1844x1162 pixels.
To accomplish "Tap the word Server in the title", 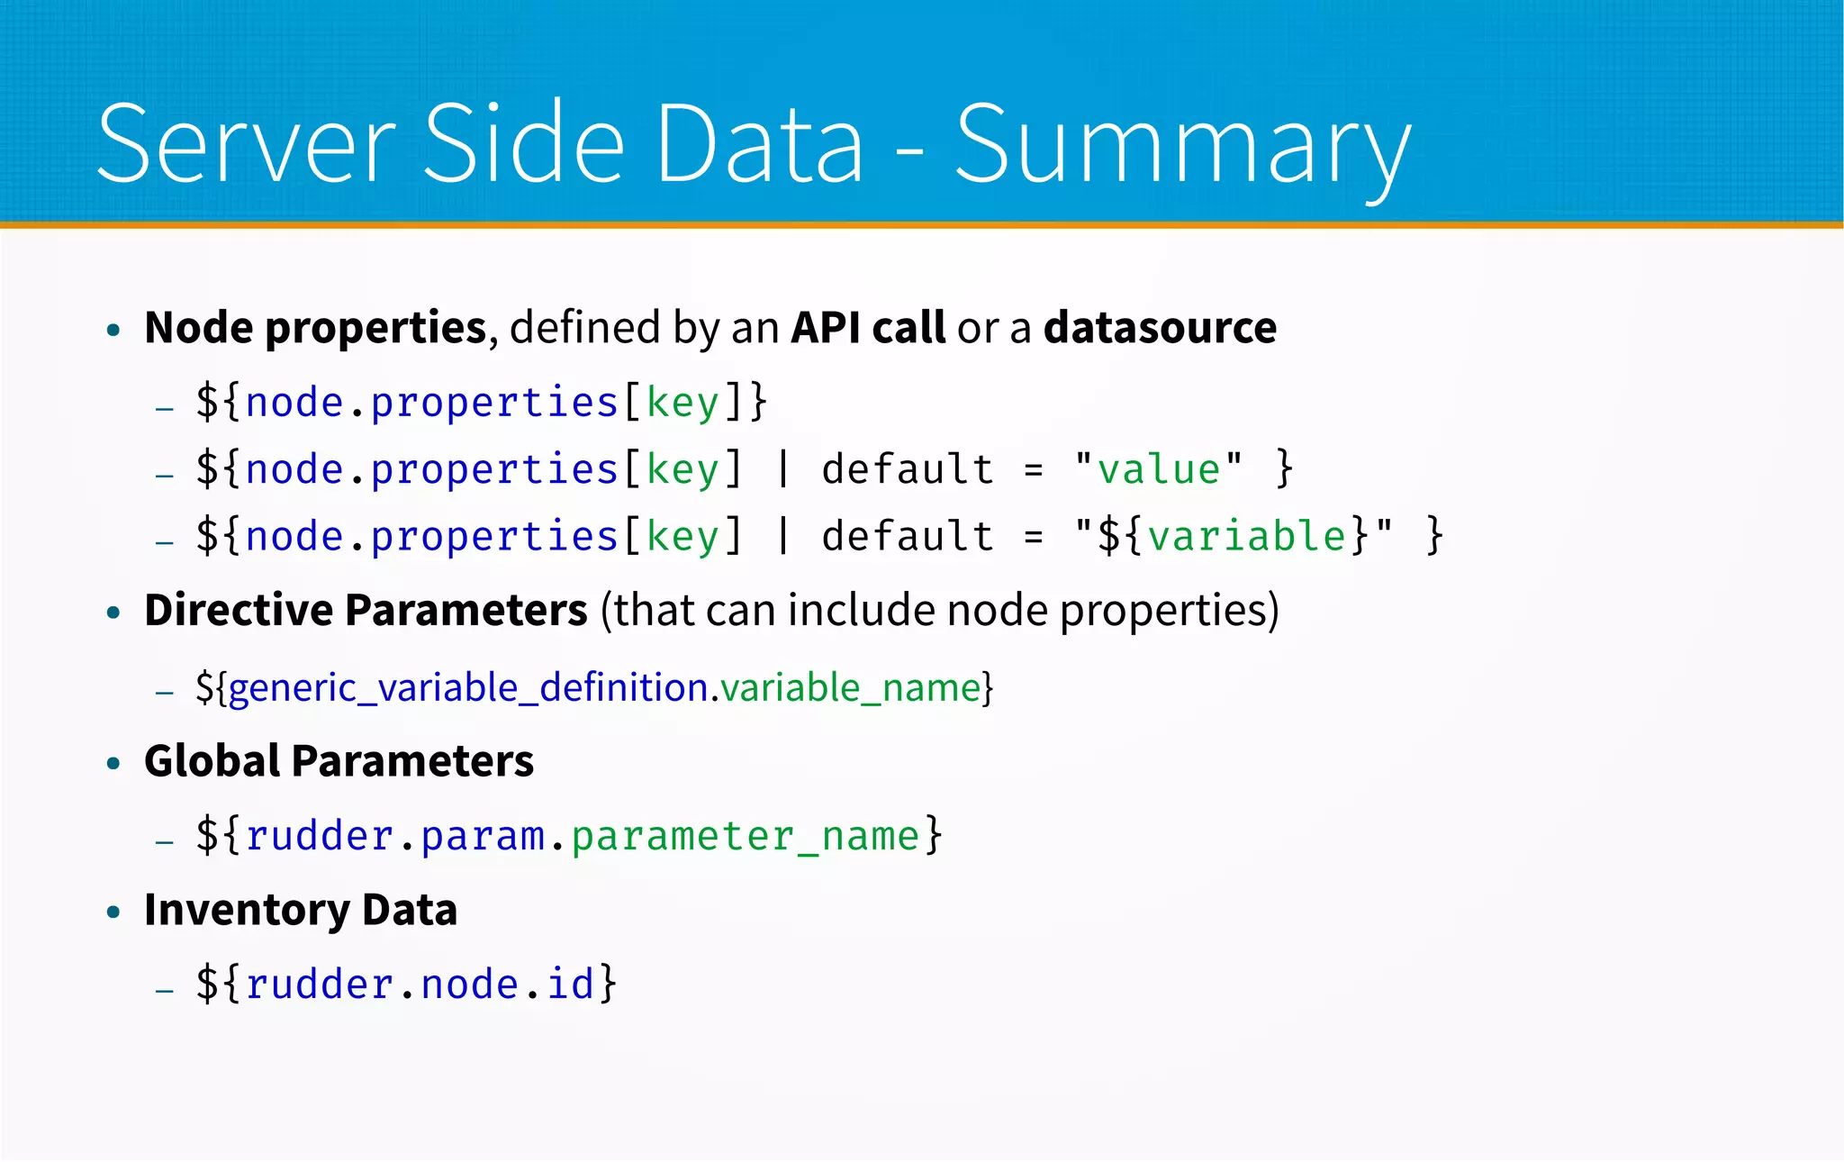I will coord(246,144).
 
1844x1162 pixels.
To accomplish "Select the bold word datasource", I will coord(1160,327).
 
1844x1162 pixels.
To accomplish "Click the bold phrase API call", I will coord(868,327).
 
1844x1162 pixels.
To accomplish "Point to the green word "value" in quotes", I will coord(1159,469).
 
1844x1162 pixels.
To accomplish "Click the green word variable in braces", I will coord(1247,536).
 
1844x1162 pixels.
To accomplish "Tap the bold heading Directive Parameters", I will coord(366,610).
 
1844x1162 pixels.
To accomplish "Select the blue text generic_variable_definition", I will coord(468,687).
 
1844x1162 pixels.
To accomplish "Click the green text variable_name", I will coord(850,687).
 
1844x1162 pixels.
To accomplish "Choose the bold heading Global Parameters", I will coord(339,760).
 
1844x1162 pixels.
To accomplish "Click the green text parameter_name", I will coord(745,836).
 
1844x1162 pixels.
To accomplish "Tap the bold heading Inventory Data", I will coord(301,909).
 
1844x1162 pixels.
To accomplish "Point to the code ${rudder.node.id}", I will coord(407,984).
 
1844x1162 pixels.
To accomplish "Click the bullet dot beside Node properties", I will coord(113,331).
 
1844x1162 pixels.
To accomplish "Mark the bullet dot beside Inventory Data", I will coord(113,912).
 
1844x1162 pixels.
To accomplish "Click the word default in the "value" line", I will coord(908,469).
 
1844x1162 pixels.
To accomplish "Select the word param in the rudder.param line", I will coord(483,836).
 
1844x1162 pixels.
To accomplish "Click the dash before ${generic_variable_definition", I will coord(164,693).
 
